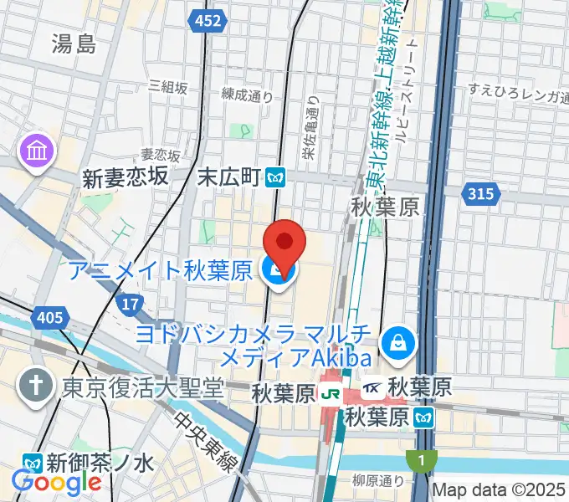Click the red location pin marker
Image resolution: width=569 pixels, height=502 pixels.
coord(284,243)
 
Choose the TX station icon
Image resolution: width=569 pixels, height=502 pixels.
coord(374,388)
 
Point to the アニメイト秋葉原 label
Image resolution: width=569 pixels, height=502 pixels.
coord(160,270)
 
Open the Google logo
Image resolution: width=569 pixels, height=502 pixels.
coord(57,482)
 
